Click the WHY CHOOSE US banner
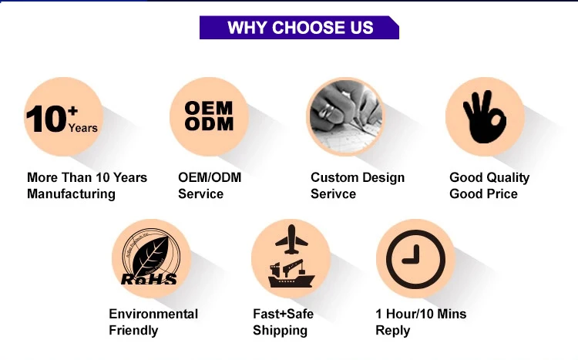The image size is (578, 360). pyautogui.click(x=300, y=28)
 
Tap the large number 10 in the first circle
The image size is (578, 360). pyautogui.click(x=46, y=119)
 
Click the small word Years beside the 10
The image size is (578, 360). pyautogui.click(x=83, y=128)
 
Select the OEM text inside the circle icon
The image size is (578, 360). pyautogui.click(x=209, y=107)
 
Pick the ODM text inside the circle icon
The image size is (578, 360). pyautogui.click(x=209, y=123)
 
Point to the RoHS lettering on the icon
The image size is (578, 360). pyautogui.click(x=150, y=279)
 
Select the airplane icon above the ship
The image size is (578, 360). pyautogui.click(x=291, y=241)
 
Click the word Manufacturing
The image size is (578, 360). pyautogui.click(x=71, y=193)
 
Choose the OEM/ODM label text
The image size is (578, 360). pyautogui.click(x=210, y=177)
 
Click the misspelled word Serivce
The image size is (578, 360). pyautogui.click(x=333, y=193)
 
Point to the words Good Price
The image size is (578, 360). pyautogui.click(x=483, y=193)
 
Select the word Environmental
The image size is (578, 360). pyautogui.click(x=153, y=314)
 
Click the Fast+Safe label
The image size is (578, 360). pyautogui.click(x=283, y=314)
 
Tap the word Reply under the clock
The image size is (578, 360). pyautogui.click(x=392, y=330)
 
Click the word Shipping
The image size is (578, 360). pyautogui.click(x=280, y=330)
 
